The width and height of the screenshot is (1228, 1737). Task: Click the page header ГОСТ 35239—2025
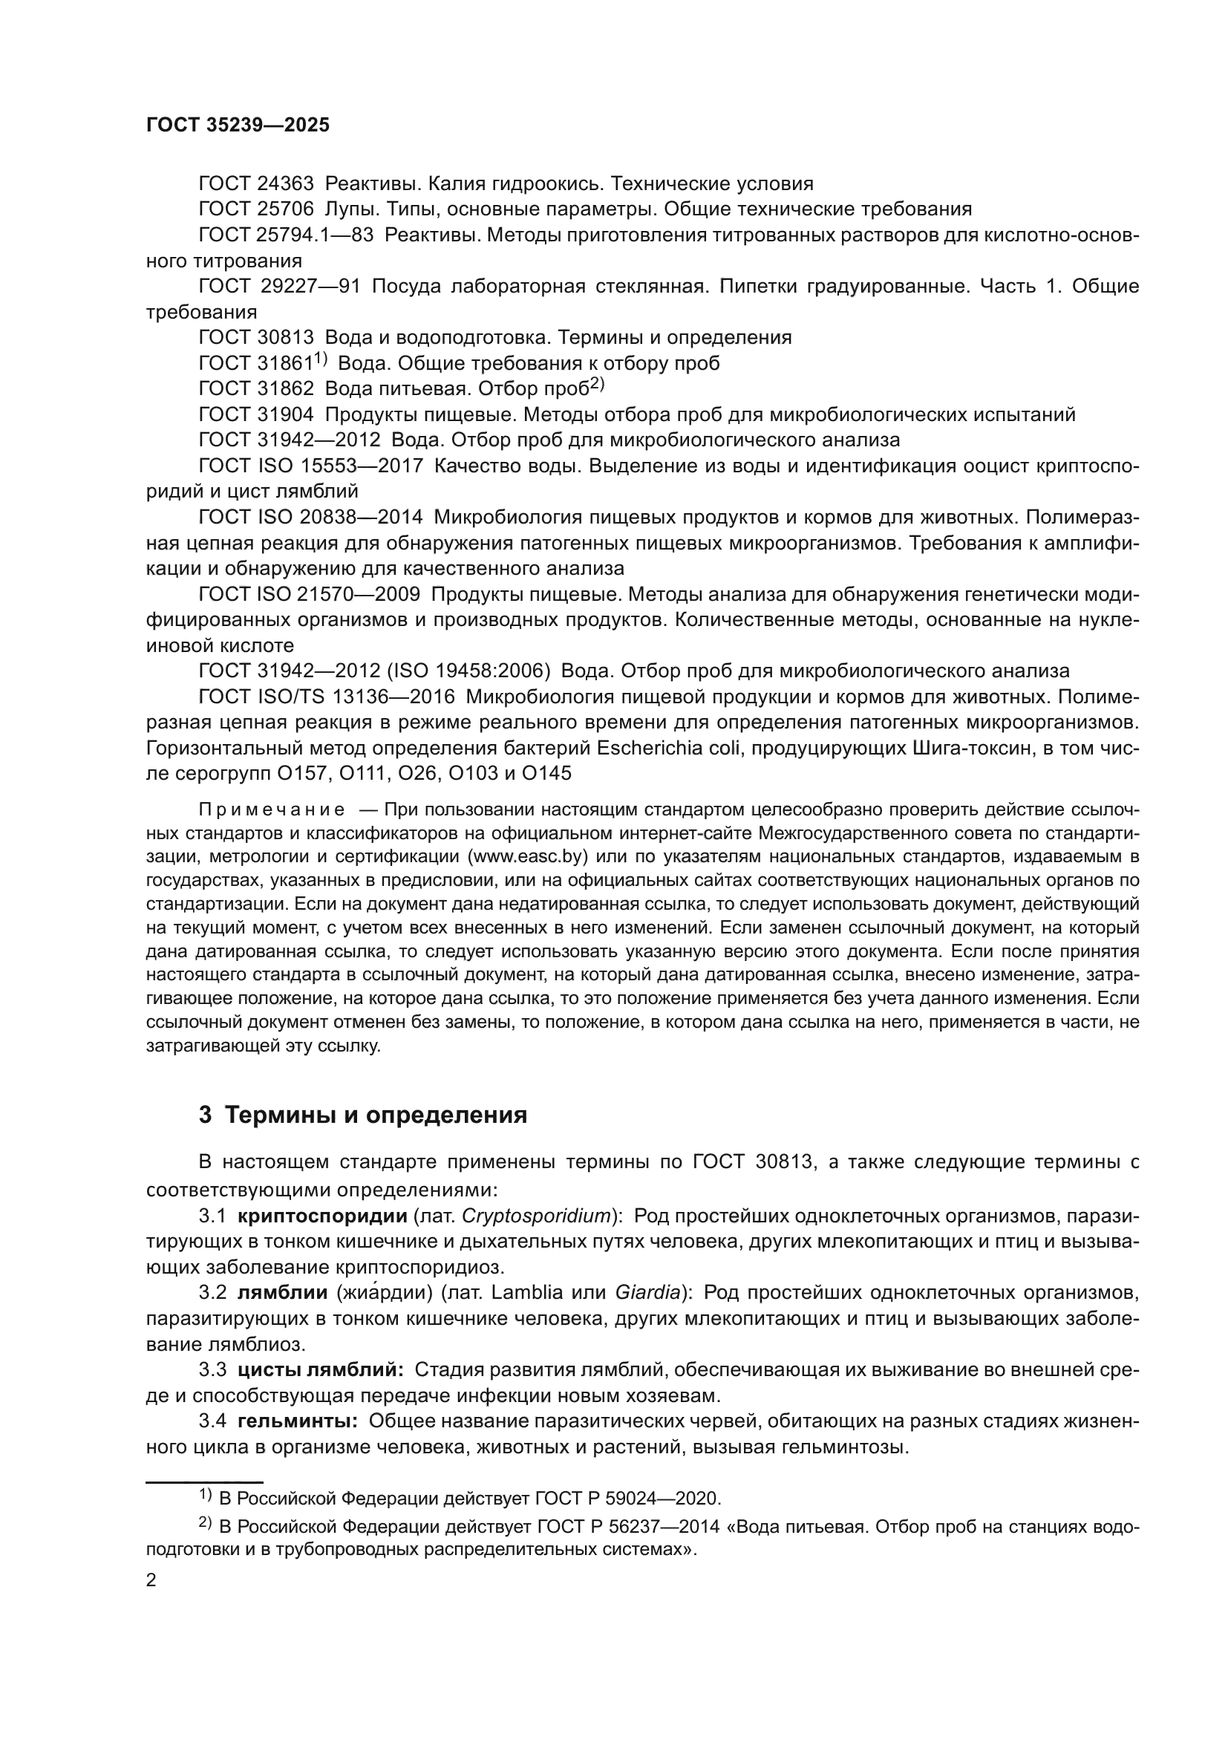(x=238, y=126)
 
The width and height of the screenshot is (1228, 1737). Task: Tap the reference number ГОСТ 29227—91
(x=280, y=287)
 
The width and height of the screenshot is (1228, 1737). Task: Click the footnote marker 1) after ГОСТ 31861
(x=321, y=358)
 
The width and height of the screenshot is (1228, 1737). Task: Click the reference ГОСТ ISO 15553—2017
(x=311, y=466)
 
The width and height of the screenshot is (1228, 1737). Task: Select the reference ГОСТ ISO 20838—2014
(x=311, y=518)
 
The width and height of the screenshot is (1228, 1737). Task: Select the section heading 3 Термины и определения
(x=363, y=1115)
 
